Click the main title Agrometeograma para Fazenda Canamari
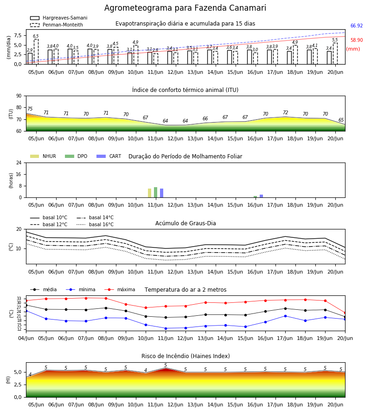[x=185, y=8]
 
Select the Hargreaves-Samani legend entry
[x=58, y=18]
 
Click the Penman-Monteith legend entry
[x=57, y=25]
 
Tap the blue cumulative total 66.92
[x=357, y=26]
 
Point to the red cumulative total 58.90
[x=357, y=40]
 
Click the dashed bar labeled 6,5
[x=36, y=52]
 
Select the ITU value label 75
[x=30, y=109]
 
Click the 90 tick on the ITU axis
[x=19, y=96]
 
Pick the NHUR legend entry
[x=43, y=156]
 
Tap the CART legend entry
[x=109, y=156]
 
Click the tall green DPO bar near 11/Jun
[x=156, y=192]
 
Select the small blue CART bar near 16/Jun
[x=262, y=196]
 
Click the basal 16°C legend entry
[x=95, y=224]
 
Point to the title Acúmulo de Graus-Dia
[x=185, y=223]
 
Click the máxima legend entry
[x=120, y=289]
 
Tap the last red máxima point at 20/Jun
[x=345, y=313]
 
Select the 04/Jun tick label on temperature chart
[x=26, y=338]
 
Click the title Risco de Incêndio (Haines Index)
[x=185, y=356]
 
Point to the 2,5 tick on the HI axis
[x=18, y=385]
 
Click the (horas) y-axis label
[x=11, y=181]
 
